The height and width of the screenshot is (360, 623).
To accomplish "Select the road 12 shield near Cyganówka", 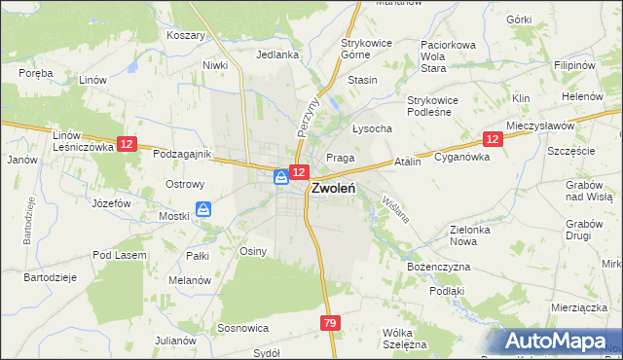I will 493,140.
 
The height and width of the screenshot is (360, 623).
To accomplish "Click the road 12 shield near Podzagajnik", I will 126,144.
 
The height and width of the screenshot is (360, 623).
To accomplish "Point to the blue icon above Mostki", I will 203,208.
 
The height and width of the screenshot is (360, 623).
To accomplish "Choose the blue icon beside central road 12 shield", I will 280,176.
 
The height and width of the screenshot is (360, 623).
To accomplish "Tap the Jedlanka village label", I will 277,55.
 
